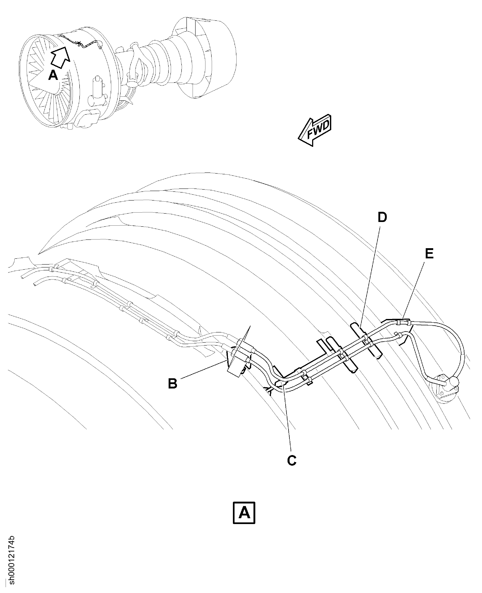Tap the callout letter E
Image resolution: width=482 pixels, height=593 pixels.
(429, 254)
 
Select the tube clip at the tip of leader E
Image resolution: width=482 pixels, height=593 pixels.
(403, 322)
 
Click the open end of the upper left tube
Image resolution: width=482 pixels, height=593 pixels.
(22, 277)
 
